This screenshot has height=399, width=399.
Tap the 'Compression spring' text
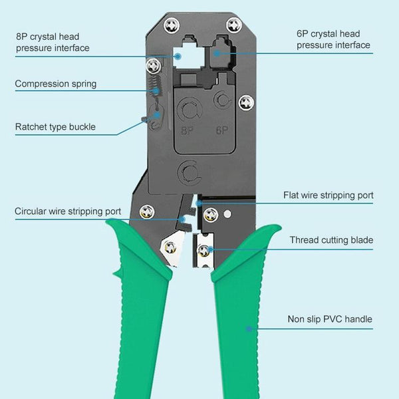[x=56, y=84]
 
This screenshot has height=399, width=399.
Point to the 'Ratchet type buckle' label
[x=55, y=126]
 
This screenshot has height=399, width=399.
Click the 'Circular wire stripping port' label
[x=68, y=211]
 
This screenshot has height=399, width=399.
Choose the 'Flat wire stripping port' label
[x=328, y=195]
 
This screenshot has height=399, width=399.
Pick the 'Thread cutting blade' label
[x=331, y=239]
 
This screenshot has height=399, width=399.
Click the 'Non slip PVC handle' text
[x=329, y=319]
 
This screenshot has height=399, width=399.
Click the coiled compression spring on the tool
[x=156, y=86]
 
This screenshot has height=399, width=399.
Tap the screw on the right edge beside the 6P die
[x=247, y=102]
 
